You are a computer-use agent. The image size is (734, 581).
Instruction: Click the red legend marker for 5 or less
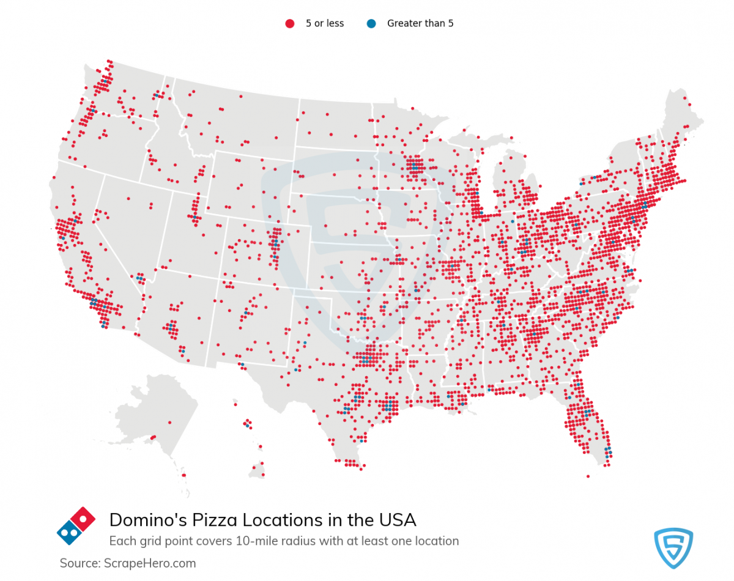click(289, 24)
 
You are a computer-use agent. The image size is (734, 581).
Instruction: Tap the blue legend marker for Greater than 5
click(371, 24)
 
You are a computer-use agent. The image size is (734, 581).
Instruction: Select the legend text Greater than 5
click(420, 24)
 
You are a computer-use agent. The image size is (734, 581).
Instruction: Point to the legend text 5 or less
click(325, 24)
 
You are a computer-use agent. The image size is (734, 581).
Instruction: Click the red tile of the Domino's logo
click(83, 519)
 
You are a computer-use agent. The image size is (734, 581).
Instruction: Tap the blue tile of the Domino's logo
click(69, 533)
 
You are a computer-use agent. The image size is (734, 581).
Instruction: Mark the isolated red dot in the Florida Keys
click(588, 476)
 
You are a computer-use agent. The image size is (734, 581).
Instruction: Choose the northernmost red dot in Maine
click(684, 98)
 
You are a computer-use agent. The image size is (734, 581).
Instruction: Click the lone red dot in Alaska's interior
click(153, 437)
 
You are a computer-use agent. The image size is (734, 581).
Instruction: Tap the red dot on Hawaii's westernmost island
click(235, 404)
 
